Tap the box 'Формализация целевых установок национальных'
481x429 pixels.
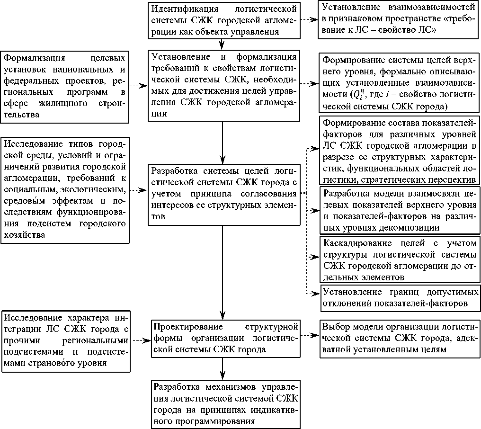pos(65,86)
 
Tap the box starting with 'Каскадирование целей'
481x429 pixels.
pos(399,260)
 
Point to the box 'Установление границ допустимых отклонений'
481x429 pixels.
pos(399,297)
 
